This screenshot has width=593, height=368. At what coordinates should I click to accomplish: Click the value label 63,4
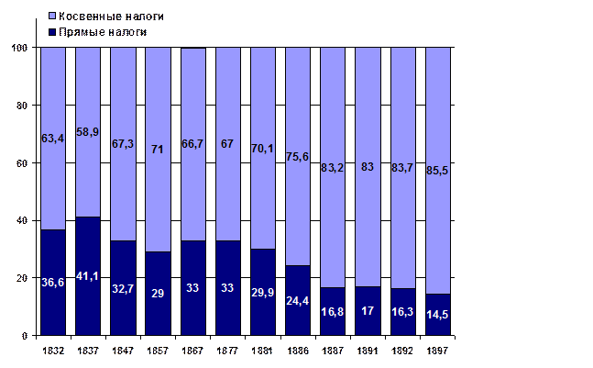53,139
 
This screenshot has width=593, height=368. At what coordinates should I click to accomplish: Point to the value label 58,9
88,133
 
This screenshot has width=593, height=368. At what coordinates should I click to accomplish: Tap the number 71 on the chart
158,149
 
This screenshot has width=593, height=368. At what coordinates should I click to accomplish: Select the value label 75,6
298,156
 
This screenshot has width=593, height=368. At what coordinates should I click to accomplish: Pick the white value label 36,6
53,283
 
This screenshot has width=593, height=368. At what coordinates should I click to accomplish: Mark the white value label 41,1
88,276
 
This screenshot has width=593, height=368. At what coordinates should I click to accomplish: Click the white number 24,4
298,300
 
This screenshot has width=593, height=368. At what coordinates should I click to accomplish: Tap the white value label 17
368,310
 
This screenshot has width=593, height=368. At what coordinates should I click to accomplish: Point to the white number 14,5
438,315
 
